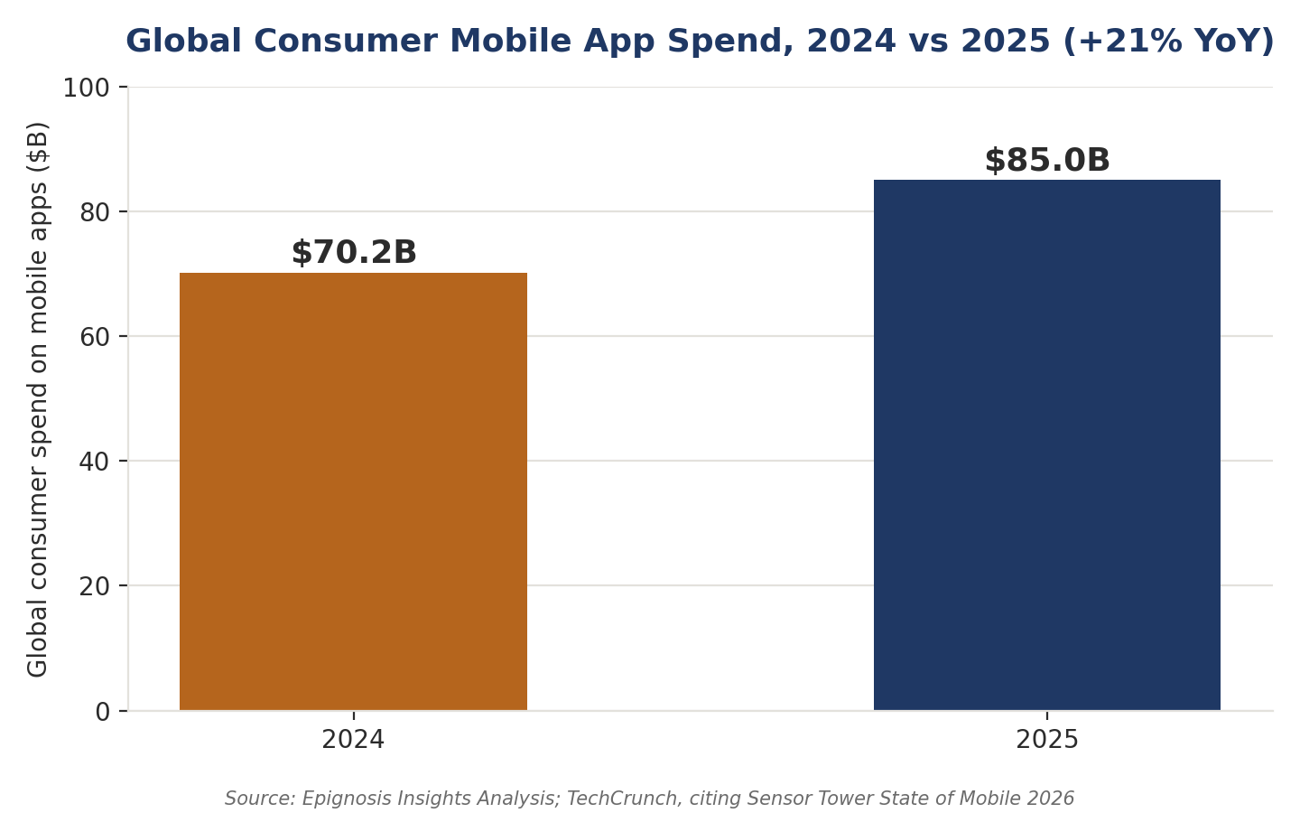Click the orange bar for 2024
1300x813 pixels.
coord(354,491)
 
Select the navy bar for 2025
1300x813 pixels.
coord(1047,444)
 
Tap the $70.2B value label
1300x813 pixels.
coord(354,252)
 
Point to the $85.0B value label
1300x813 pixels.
coord(1047,160)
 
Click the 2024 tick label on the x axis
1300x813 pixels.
coord(353,740)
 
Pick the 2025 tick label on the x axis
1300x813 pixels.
coord(1047,740)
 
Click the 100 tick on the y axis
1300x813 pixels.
coord(86,89)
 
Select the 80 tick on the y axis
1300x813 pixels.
coord(95,212)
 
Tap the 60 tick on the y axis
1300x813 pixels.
coord(95,337)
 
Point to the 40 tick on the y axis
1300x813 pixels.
coord(95,462)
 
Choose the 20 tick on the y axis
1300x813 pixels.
coord(95,586)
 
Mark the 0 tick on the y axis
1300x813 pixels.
coord(103,712)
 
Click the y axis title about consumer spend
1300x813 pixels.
coord(38,399)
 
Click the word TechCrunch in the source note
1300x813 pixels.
coord(621,799)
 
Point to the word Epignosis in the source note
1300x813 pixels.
coord(341,799)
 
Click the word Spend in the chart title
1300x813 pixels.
coord(730,42)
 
